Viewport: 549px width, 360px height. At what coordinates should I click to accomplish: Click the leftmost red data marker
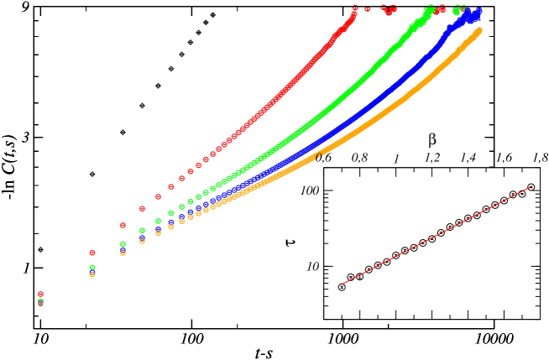40,295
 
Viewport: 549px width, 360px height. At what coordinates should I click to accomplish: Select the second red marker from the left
92,253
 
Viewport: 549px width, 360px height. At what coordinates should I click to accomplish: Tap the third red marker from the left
123,225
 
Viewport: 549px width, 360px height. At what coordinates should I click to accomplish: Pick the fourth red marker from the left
142,208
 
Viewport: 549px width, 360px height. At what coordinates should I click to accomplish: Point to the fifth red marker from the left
158,196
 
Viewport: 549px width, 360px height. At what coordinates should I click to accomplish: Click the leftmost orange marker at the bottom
40,304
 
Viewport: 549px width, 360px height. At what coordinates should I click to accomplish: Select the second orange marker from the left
92,274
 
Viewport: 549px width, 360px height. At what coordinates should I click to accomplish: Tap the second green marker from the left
92,268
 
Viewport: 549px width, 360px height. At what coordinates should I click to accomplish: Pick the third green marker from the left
123,244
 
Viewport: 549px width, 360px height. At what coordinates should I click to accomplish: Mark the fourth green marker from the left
142,230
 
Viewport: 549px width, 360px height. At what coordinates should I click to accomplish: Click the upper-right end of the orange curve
478,31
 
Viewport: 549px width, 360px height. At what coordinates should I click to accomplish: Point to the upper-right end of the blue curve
478,12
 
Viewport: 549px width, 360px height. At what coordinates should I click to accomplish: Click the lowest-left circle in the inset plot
342,287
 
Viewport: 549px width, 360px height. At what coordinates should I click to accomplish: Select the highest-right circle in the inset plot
531,187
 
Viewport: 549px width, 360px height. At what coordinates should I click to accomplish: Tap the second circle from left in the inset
351,277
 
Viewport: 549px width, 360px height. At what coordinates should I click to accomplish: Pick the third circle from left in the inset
360,276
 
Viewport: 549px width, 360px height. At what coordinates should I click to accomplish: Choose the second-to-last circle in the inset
521,194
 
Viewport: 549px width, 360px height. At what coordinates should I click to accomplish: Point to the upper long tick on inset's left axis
327,190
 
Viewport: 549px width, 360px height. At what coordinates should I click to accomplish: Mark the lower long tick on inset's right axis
536,267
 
